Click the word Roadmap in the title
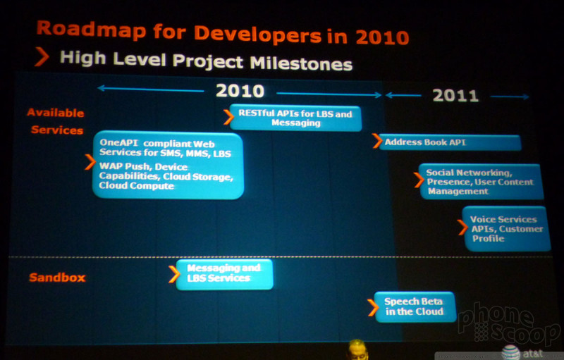[92, 29]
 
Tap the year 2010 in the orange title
[382, 37]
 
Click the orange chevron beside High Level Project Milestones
[42, 57]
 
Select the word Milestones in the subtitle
[301, 63]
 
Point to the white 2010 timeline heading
[240, 91]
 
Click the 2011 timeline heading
[455, 95]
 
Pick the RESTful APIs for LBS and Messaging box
[295, 118]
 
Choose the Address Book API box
[450, 142]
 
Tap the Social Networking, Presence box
[482, 182]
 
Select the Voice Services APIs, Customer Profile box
[506, 228]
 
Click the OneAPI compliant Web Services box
[168, 165]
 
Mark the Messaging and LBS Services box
[224, 274]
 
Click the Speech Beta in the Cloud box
[415, 307]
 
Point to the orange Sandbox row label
[57, 278]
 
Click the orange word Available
[56, 113]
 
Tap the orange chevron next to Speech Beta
[373, 308]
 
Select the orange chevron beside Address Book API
[377, 141]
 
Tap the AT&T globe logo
[510, 352]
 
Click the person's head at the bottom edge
[357, 349]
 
